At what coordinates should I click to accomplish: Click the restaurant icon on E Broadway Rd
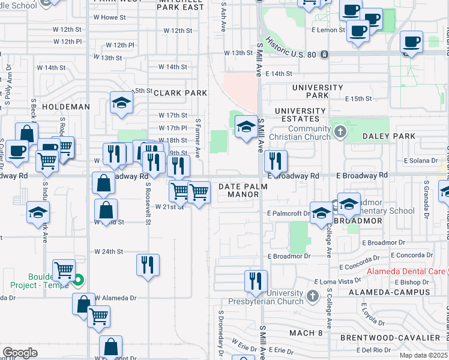click(x=276, y=160)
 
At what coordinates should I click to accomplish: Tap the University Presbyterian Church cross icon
click(x=312, y=296)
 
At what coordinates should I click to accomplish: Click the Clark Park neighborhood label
click(x=180, y=93)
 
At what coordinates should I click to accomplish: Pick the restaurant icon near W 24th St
click(x=148, y=264)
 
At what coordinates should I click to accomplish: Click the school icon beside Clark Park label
click(x=121, y=103)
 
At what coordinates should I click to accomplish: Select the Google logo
click(x=20, y=352)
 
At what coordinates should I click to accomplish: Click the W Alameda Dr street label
click(x=116, y=298)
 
